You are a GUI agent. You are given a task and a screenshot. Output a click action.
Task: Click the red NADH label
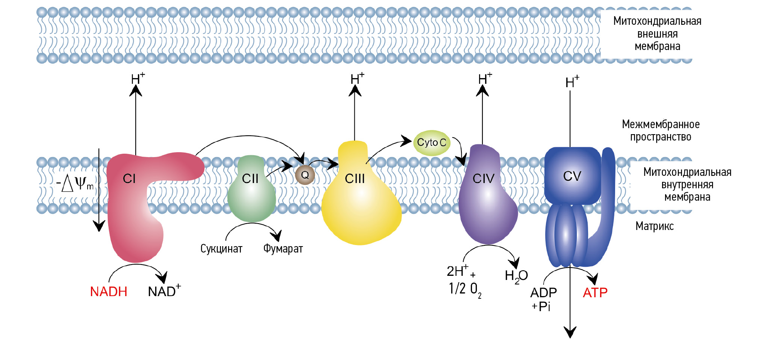(x=109, y=292)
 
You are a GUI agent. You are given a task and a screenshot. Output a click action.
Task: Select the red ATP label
(x=595, y=292)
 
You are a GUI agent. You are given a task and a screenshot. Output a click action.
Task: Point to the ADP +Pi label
(x=543, y=299)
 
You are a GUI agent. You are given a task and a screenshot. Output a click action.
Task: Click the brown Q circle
(x=305, y=175)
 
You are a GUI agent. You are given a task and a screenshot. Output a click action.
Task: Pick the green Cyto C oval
(x=432, y=143)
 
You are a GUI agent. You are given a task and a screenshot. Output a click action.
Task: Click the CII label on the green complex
(x=250, y=178)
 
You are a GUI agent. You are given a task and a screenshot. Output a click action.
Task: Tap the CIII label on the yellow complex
(x=355, y=178)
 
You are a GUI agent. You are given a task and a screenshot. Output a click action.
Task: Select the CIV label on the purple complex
(x=483, y=178)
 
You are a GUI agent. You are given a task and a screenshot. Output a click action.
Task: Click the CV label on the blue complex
(x=572, y=176)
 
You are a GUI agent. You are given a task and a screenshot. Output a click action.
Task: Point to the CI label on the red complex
(x=129, y=178)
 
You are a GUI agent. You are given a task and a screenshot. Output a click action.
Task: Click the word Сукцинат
(x=221, y=249)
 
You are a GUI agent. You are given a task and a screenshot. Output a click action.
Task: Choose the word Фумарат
(x=283, y=249)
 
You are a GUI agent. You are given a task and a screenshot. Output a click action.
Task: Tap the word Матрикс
(x=654, y=226)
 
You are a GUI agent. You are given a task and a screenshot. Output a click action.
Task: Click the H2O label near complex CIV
(x=516, y=276)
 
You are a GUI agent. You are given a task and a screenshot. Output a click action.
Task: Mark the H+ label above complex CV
(x=572, y=82)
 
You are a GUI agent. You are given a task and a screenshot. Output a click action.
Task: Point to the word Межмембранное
(x=661, y=124)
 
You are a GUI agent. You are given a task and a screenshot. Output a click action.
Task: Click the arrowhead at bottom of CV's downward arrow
(x=570, y=333)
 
